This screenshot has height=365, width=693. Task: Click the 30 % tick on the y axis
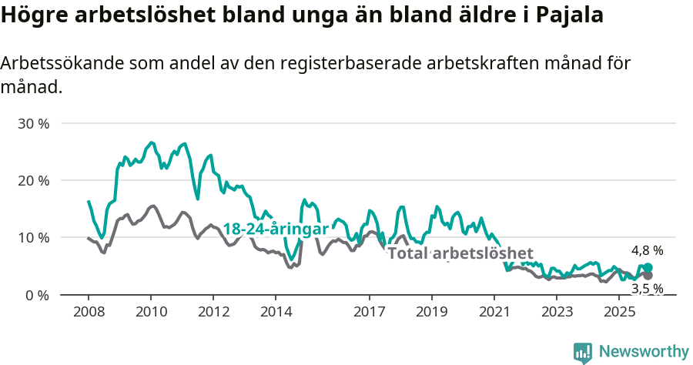[x=32, y=123]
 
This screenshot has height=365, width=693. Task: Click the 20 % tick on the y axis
[x=32, y=180]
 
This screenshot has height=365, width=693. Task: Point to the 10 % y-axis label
[x=32, y=237]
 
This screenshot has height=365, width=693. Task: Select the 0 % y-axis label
[x=36, y=295]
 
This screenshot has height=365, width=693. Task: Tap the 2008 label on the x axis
[x=88, y=312]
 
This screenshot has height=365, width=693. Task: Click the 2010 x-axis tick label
[x=150, y=312]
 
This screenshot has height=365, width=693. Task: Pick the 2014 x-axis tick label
[x=276, y=312]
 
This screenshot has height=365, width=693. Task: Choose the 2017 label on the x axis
[x=369, y=312]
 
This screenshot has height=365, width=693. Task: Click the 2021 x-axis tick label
[x=494, y=312]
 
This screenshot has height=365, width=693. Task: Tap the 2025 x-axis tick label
[x=618, y=312]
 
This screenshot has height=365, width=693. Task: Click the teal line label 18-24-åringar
[x=276, y=229]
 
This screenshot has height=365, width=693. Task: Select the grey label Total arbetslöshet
[x=460, y=253]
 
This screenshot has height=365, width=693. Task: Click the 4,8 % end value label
[x=647, y=250]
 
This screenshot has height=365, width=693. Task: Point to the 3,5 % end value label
[x=647, y=289]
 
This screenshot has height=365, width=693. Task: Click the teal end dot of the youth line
[x=648, y=268]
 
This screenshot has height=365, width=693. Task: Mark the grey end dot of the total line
[x=648, y=275]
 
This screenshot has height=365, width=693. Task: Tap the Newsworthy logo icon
[x=583, y=352]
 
